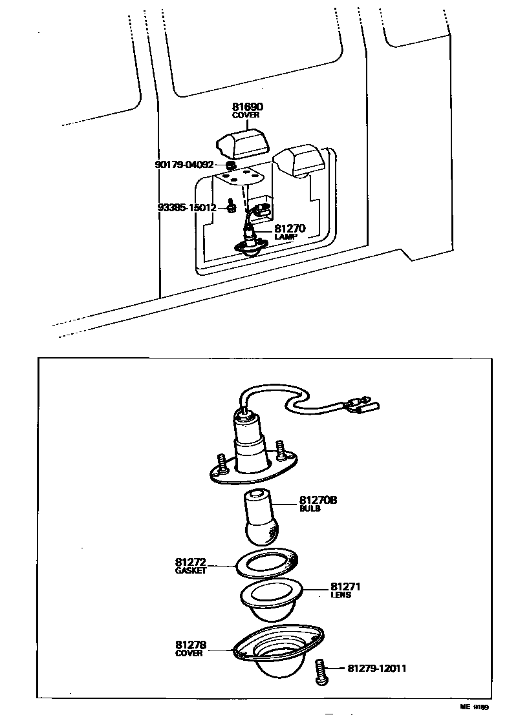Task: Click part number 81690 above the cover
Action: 248,107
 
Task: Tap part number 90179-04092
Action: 184,164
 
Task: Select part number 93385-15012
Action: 187,207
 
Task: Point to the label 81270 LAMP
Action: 290,232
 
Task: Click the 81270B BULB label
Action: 318,503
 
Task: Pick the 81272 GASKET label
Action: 191,566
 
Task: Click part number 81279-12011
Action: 377,668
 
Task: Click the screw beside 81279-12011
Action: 321,671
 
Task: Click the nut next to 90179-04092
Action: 232,165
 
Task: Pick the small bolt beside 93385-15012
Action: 232,206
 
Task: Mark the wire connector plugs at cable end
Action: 365,404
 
